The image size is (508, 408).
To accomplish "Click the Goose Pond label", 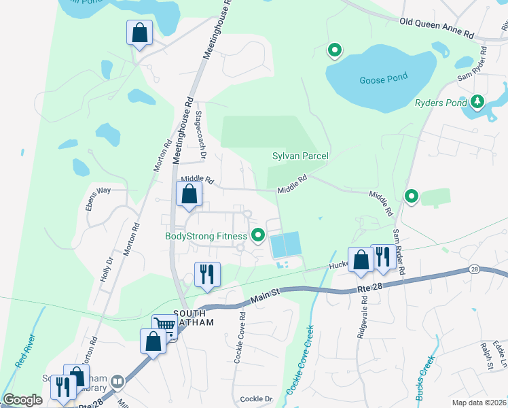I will pyautogui.click(x=383, y=78).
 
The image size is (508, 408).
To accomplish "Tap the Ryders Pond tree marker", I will pyautogui.click(x=477, y=102).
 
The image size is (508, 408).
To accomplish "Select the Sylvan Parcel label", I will pyautogui.click(x=300, y=156).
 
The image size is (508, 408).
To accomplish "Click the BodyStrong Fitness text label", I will pyautogui.click(x=206, y=237).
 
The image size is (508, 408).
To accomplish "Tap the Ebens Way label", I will pyautogui.click(x=98, y=191).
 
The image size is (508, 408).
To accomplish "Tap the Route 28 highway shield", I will pyautogui.click(x=474, y=270).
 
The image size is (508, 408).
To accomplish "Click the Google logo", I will pyautogui.click(x=22, y=400).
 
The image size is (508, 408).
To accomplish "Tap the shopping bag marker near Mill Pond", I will pyautogui.click(x=139, y=31).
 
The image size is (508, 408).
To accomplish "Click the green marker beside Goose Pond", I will pyautogui.click(x=334, y=50).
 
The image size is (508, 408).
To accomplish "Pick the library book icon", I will pyautogui.click(x=117, y=381).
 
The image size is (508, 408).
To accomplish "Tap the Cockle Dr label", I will pyautogui.click(x=256, y=398).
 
